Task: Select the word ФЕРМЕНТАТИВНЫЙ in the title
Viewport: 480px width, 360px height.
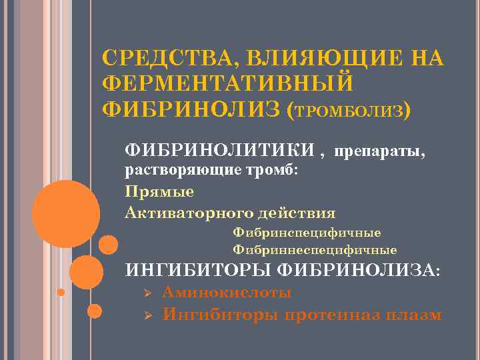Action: click(227, 83)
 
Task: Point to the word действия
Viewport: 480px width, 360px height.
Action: click(293, 213)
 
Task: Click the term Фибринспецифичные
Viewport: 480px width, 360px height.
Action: click(307, 233)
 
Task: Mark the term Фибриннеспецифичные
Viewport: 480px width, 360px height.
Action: click(315, 250)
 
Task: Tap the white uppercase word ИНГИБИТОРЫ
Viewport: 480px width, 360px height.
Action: click(197, 270)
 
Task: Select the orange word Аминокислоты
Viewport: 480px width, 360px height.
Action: click(227, 293)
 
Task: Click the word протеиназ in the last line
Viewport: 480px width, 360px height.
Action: click(332, 314)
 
